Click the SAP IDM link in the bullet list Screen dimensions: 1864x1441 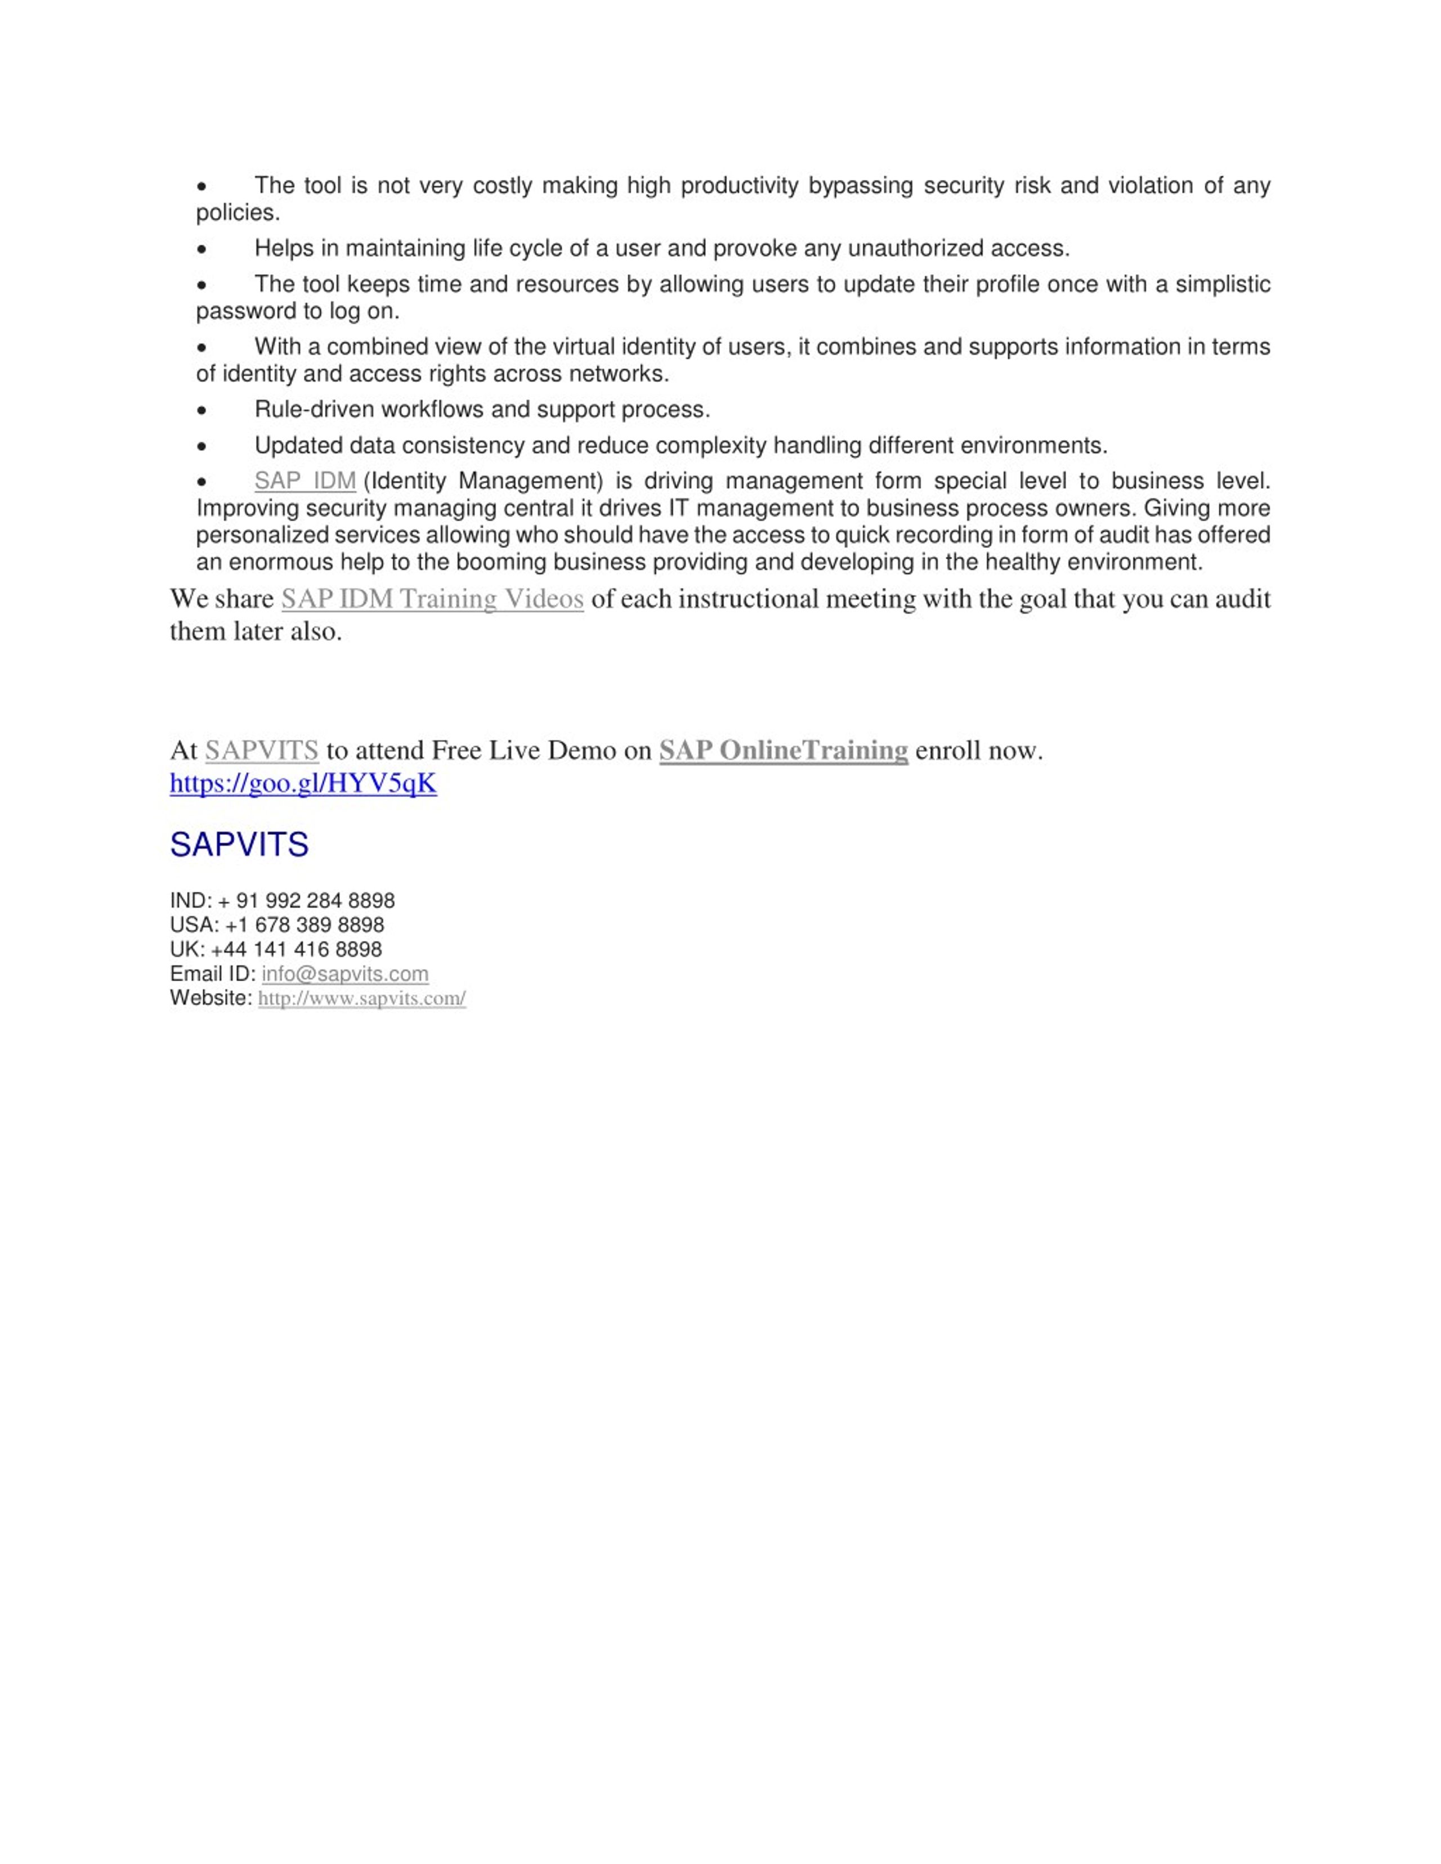(x=305, y=482)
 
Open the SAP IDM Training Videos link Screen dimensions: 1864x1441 (x=432, y=599)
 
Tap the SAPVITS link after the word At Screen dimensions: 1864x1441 (x=261, y=750)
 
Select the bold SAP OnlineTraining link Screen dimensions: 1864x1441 (x=783, y=750)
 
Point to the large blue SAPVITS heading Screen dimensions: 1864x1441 (x=239, y=845)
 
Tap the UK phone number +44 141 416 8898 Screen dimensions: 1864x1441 (x=296, y=950)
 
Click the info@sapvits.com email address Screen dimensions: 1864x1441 (x=345, y=974)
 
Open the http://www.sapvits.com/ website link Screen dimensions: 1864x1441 (x=362, y=999)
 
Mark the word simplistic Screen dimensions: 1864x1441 (x=1223, y=284)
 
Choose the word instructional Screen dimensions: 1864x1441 (x=735, y=599)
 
